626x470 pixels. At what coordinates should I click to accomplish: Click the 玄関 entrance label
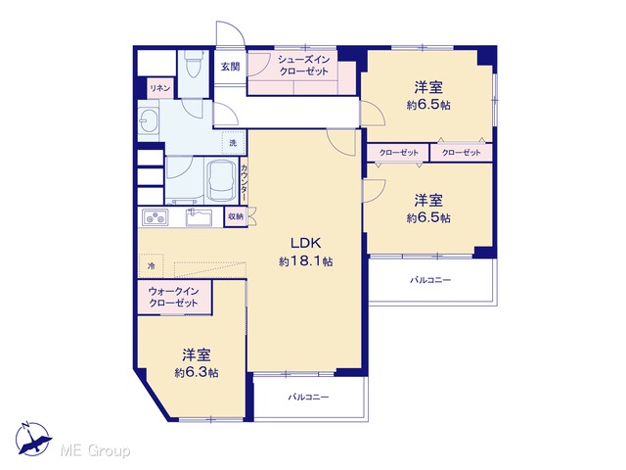[x=231, y=67]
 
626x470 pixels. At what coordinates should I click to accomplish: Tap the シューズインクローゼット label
[x=304, y=66]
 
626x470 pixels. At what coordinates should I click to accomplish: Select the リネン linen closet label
[x=160, y=88]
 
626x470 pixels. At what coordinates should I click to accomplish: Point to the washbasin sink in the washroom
[x=149, y=118]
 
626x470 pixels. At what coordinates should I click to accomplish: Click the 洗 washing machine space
[x=233, y=143]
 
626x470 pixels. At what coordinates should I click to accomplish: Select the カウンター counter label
[x=244, y=183]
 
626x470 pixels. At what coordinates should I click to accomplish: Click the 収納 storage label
[x=236, y=216]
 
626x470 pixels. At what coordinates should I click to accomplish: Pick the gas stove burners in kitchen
[x=156, y=217]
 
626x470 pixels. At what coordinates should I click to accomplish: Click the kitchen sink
[x=199, y=217]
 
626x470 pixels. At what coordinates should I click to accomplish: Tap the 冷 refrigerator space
[x=151, y=265]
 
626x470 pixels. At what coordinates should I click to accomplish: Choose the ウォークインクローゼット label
[x=174, y=297]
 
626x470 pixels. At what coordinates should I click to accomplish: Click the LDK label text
[x=305, y=243]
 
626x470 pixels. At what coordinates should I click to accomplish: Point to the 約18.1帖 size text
[x=306, y=261]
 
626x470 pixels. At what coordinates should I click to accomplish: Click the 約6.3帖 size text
[x=197, y=373]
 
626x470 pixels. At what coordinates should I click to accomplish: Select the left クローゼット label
[x=399, y=153]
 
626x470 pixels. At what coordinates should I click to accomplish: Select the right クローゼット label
[x=461, y=153]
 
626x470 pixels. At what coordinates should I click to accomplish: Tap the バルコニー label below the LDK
[x=309, y=398]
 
